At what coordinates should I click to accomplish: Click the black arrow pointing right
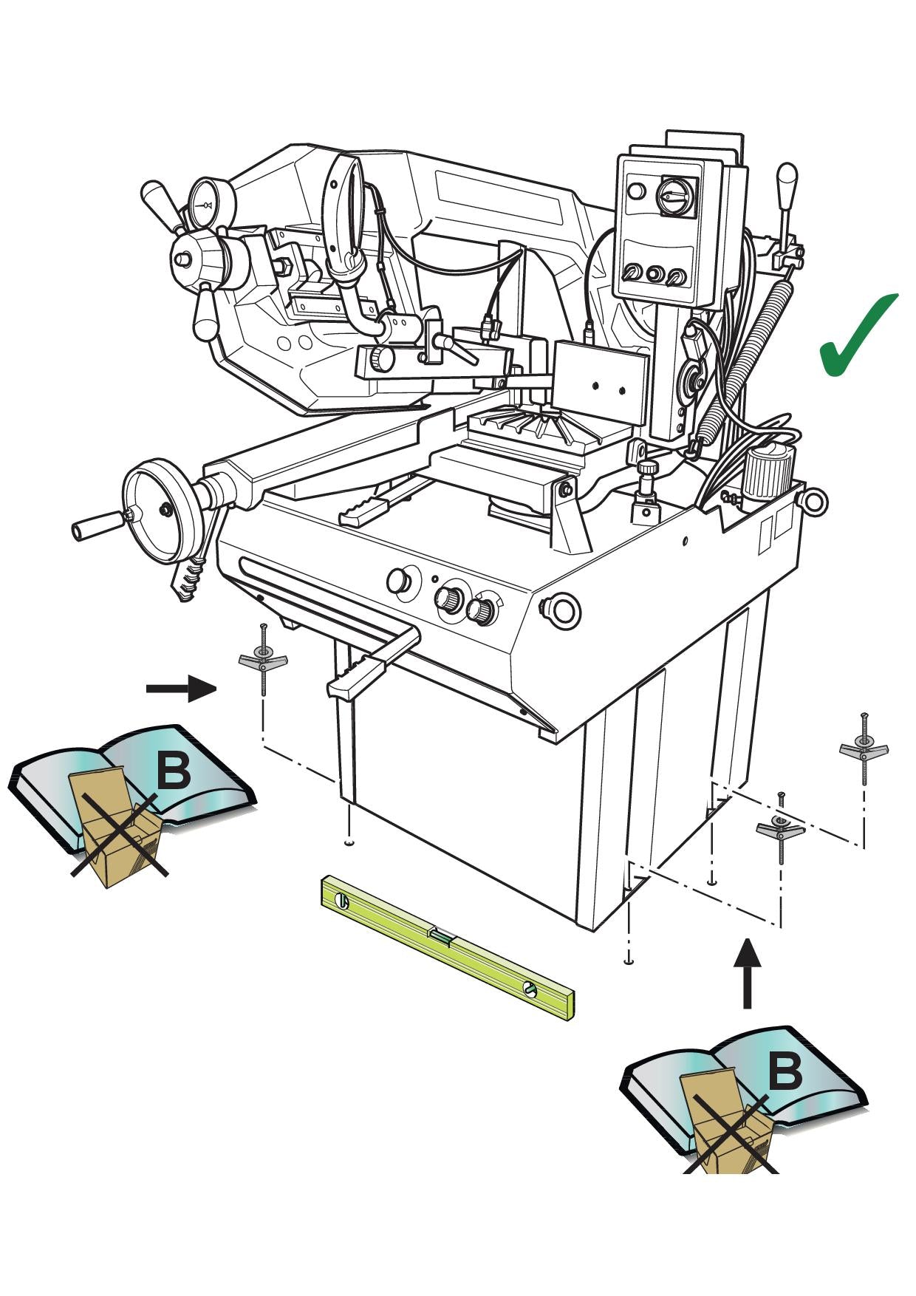[182, 689]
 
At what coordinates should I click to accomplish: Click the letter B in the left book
[174, 770]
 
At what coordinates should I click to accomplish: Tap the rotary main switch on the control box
[676, 197]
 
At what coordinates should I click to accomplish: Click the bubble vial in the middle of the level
[441, 938]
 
